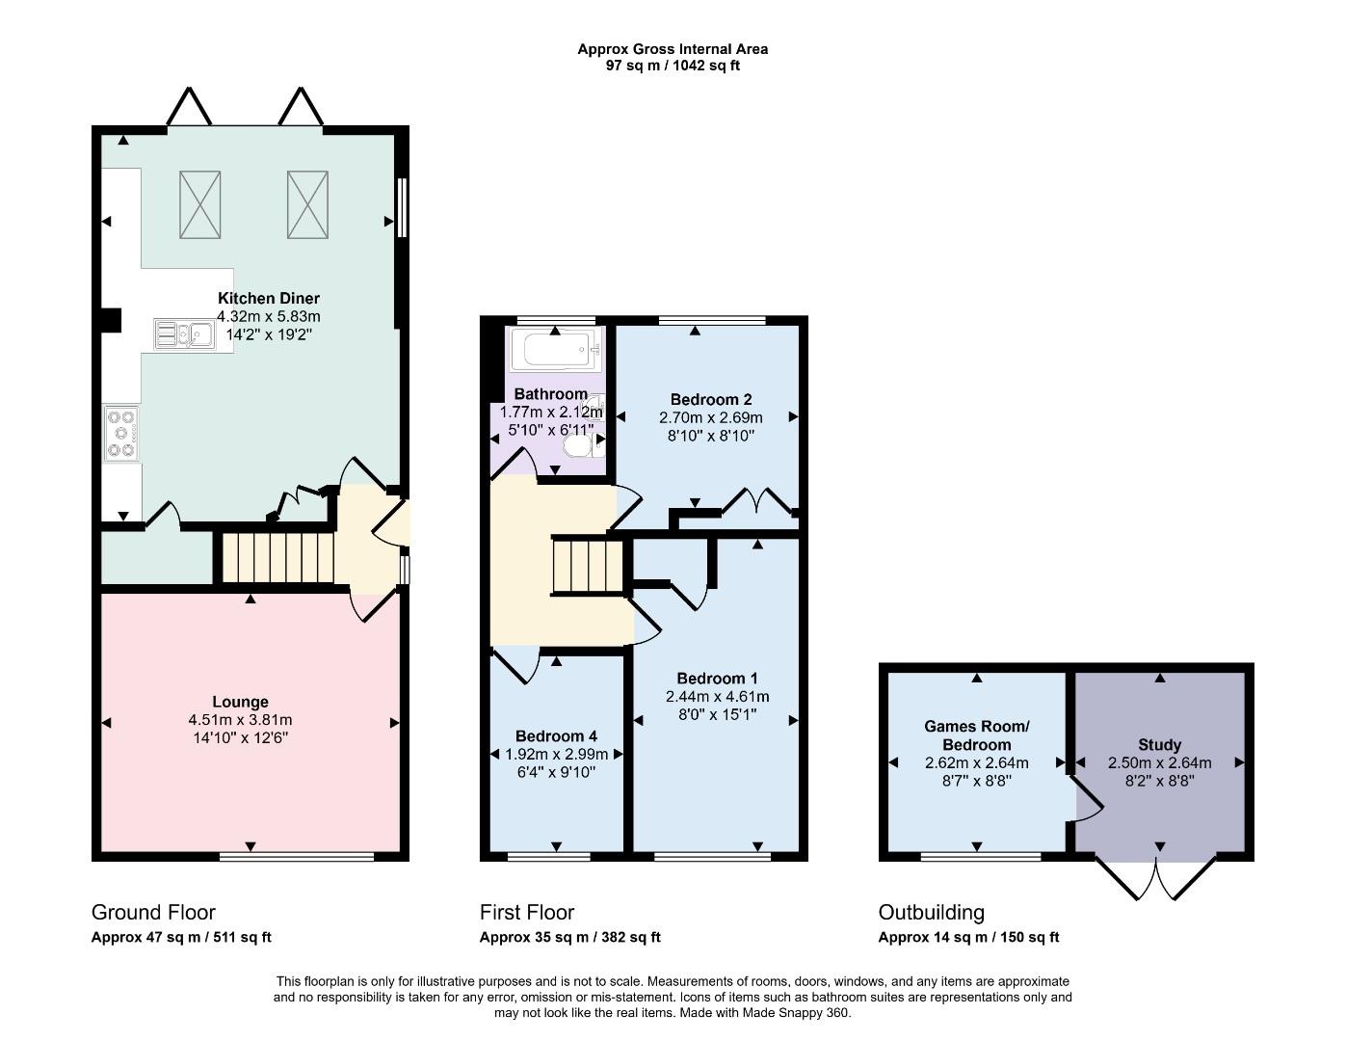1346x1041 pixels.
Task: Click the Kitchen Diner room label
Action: coord(269,298)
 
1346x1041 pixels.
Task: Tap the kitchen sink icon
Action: coord(185,334)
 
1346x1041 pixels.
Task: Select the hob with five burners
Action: coord(121,433)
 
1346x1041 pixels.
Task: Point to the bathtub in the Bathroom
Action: coord(556,350)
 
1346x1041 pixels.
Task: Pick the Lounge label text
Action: coord(240,702)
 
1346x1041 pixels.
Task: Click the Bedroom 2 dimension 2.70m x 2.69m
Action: coord(711,417)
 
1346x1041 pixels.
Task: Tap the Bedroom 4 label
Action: coord(556,736)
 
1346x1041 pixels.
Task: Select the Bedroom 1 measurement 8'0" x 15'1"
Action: coord(717,714)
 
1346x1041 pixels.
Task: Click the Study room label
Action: coord(1159,745)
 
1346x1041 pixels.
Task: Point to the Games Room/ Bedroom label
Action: coord(977,735)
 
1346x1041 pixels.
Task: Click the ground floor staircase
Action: coord(278,558)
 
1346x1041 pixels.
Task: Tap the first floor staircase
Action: coord(588,567)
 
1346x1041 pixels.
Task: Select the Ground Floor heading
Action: coord(153,913)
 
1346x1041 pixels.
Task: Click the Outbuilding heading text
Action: coord(932,913)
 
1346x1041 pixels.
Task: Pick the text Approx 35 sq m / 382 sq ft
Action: coord(569,938)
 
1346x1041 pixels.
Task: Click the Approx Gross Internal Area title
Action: coord(673,49)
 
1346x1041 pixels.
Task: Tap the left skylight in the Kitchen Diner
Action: coord(200,204)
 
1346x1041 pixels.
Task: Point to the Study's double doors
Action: coord(1156,879)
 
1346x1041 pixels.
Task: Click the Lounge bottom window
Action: coord(297,856)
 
